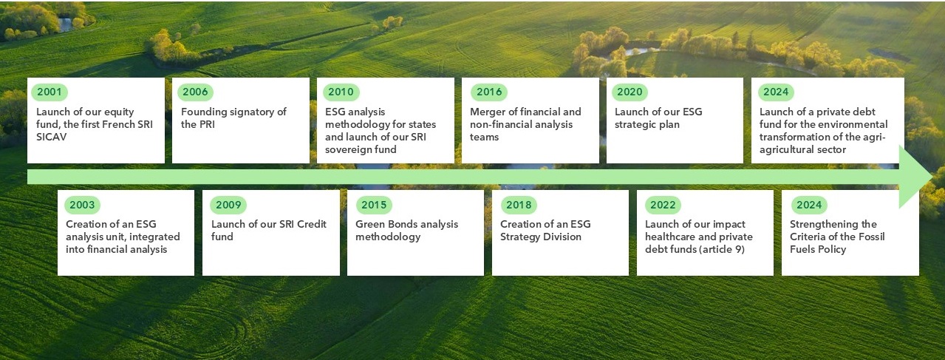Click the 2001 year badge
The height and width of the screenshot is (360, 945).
point(50,92)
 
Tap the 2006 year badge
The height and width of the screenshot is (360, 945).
point(195,92)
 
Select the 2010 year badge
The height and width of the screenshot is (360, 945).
point(341,92)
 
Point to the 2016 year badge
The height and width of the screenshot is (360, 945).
point(489,92)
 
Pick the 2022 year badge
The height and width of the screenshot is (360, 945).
point(663,205)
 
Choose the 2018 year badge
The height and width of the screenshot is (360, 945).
point(519,205)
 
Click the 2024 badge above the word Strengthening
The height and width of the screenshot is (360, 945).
point(809,205)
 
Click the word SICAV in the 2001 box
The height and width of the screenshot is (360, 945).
point(52,137)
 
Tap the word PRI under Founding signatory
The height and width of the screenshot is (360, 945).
point(206,124)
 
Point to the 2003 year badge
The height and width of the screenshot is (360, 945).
point(82,205)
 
